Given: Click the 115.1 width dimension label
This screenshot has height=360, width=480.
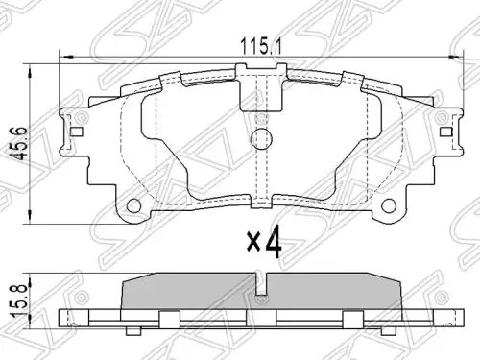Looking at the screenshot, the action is pyautogui.click(x=261, y=47).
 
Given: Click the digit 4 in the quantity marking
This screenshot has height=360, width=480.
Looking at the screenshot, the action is pyautogui.click(x=273, y=242).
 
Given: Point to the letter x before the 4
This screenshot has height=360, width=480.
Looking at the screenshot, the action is pyautogui.click(x=252, y=242).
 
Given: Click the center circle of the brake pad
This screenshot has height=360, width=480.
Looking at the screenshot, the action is pyautogui.click(x=261, y=139).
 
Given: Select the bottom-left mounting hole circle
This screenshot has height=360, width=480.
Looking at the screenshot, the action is pyautogui.click(x=134, y=205).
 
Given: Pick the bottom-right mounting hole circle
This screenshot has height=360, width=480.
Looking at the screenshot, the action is pyautogui.click(x=389, y=205).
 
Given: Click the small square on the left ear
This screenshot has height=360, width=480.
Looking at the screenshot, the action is pyautogui.click(x=76, y=132).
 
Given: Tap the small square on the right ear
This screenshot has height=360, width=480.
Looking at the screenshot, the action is pyautogui.click(x=446, y=132).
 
